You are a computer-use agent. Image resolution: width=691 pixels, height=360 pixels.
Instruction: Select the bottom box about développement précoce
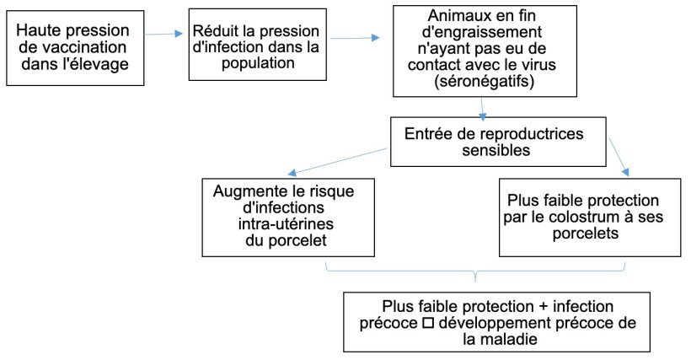(497, 320)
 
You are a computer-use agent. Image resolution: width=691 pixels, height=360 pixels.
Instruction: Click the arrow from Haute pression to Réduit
(163, 35)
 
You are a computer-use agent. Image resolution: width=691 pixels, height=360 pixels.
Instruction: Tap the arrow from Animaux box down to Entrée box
(481, 108)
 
